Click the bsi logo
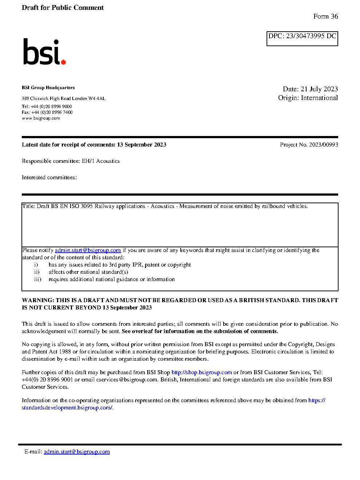44,52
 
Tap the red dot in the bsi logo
63,62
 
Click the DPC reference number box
302,39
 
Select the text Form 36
325,16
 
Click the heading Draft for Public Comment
63,8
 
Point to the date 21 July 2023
319,89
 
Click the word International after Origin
319,98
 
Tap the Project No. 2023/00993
309,145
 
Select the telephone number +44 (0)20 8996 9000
51,107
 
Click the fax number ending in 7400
52,112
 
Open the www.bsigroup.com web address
41,118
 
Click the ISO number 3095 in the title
87,206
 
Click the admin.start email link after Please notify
88,250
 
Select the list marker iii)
37,279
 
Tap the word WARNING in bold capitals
38,300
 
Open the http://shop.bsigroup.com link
201,372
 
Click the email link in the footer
77,452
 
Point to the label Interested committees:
49,177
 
